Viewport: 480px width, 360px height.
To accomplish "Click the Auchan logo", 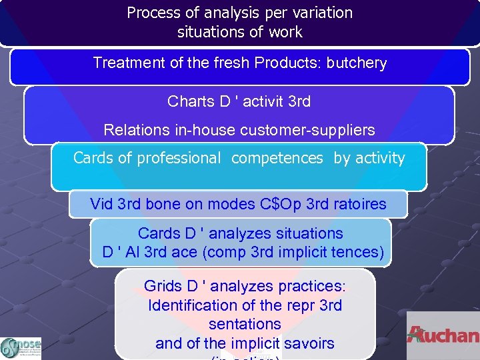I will click(443, 335).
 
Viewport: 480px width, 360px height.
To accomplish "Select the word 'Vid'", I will click(102, 204).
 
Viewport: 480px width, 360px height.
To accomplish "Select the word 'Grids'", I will click(163, 287).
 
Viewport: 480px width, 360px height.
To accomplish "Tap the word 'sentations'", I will click(245, 325).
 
